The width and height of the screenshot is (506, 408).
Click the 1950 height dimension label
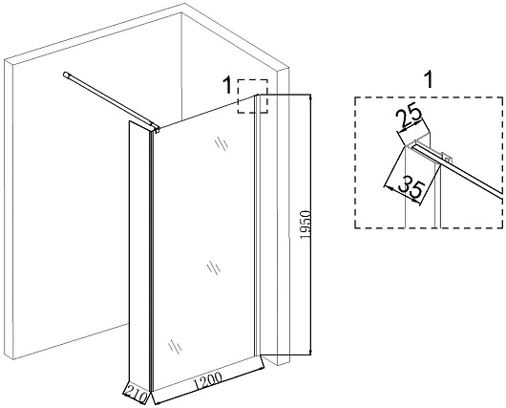(x=305, y=225)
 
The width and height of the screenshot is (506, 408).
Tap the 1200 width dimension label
(x=208, y=380)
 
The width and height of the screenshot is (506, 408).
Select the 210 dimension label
(x=136, y=394)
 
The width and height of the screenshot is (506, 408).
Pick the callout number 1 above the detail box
(x=429, y=80)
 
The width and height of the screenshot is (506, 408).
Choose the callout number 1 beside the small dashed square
(x=228, y=85)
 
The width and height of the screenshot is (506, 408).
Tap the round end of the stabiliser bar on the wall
(x=66, y=75)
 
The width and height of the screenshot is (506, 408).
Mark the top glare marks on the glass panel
(x=221, y=143)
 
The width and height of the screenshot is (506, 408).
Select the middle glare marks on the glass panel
(x=214, y=268)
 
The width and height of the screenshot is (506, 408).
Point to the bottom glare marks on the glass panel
(x=175, y=346)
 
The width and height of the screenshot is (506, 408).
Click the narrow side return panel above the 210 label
(x=139, y=255)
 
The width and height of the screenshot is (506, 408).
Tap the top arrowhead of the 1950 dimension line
(x=310, y=97)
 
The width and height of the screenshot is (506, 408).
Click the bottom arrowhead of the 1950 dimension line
(x=310, y=353)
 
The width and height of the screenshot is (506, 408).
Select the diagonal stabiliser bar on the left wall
(x=110, y=101)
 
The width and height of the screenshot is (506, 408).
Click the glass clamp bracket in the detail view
(x=446, y=158)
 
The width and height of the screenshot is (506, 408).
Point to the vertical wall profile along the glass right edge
(x=257, y=225)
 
